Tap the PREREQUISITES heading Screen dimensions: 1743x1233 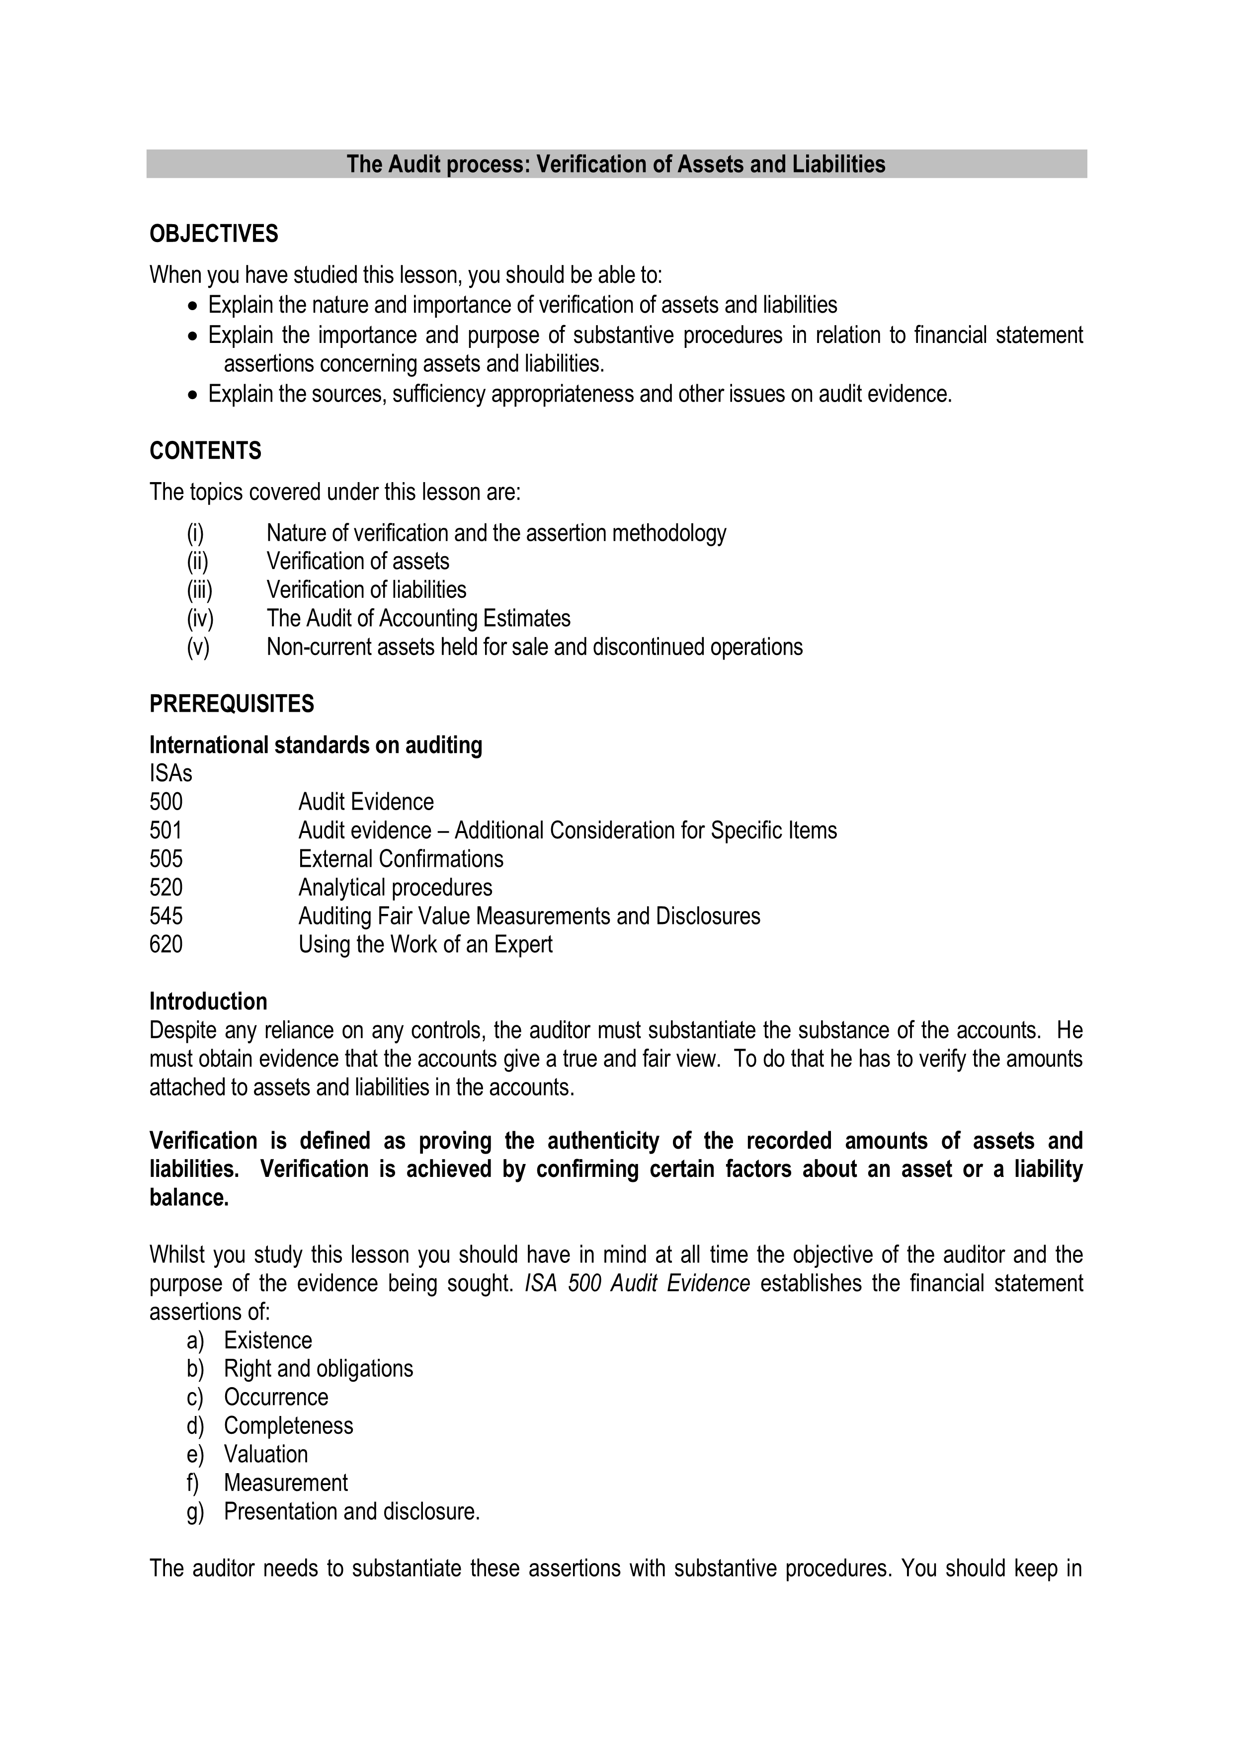232,704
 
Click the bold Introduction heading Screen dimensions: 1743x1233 208,1002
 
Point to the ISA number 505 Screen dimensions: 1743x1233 166,859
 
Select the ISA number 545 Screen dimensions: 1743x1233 166,916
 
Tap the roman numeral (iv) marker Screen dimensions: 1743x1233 200,619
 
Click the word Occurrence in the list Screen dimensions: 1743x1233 276,1398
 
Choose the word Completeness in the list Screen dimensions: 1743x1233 289,1426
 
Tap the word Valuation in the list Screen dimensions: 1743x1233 266,1455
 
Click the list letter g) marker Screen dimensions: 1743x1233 195,1512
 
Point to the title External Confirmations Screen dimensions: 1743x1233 401,859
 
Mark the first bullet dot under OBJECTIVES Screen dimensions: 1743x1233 194,306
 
